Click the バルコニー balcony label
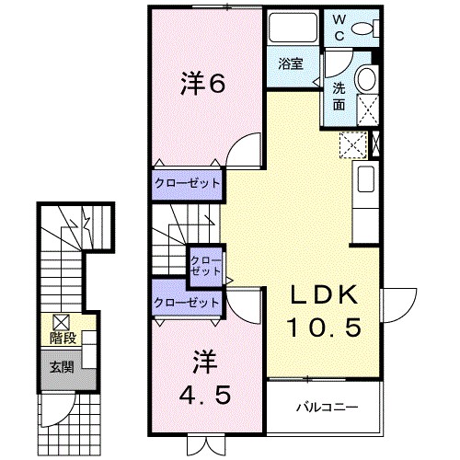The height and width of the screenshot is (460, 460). click(326, 406)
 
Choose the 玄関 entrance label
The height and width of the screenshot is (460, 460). click(62, 368)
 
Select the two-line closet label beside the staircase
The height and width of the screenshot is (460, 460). click(205, 267)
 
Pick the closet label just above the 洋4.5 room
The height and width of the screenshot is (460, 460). click(188, 302)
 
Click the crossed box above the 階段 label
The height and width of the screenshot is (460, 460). click(62, 322)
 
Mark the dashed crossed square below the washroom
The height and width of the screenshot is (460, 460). click(351, 144)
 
